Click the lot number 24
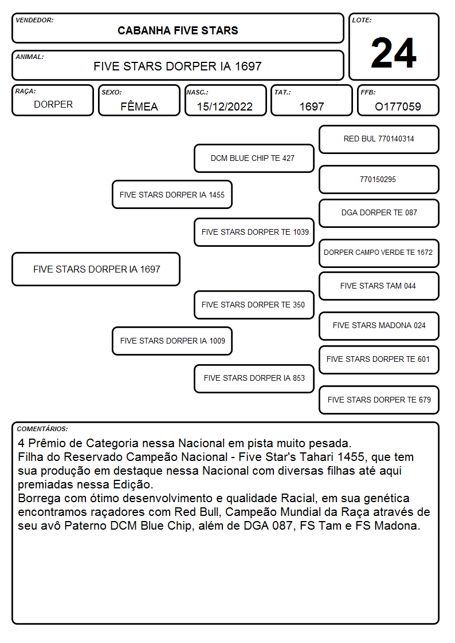tap(394, 53)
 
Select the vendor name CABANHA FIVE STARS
tap(178, 31)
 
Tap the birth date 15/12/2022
tap(225, 106)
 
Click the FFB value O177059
tap(398, 106)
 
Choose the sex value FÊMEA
tap(139, 106)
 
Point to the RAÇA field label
tap(25, 92)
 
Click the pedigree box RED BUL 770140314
tap(379, 140)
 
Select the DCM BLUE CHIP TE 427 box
tap(254, 158)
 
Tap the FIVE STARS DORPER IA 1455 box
tap(172, 195)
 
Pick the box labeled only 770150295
tap(379, 180)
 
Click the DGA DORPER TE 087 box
tap(379, 213)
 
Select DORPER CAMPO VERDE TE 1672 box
tap(379, 253)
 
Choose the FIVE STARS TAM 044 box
tap(379, 286)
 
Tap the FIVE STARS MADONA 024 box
tap(379, 326)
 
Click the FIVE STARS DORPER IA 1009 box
tap(172, 341)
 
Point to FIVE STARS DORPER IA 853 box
tap(254, 378)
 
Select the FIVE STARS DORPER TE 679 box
tap(379, 400)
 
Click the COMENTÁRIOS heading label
tap(42, 429)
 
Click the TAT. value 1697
tap(312, 106)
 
